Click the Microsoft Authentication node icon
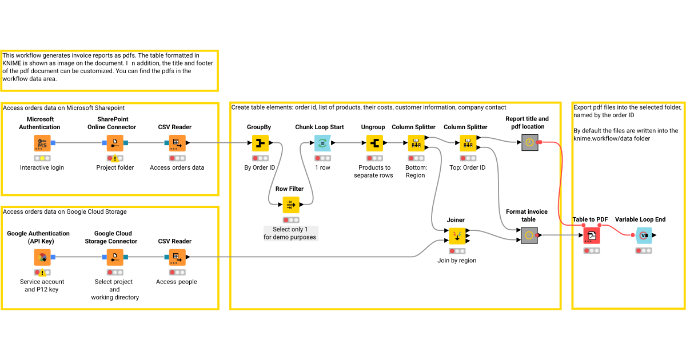coord(42,143)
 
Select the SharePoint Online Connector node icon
coord(114,143)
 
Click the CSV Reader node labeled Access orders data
coord(177,143)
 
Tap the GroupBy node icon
coord(260,143)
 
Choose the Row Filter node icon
coord(290,205)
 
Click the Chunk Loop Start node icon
coord(322,143)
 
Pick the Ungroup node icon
coord(375,143)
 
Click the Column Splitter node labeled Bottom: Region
coord(416,143)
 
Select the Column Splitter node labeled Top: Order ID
coord(468,143)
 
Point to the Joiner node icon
coord(456,235)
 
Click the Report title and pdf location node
coord(529,143)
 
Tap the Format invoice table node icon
coord(529,235)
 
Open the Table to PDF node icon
coord(592,235)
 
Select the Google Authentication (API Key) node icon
coord(42,257)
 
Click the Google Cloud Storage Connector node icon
coord(114,257)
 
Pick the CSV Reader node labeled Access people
coord(177,257)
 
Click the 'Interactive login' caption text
coord(42,167)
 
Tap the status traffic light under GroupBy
coord(260,158)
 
